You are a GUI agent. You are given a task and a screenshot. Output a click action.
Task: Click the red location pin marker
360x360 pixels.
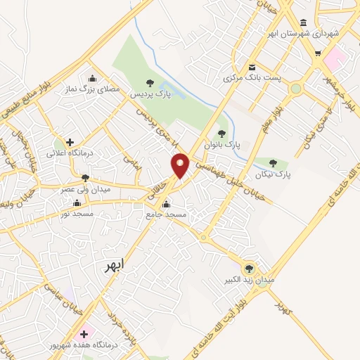pyautogui.click(x=181, y=164)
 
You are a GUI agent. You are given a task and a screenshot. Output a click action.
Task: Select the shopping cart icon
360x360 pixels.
pyautogui.click(x=318, y=53)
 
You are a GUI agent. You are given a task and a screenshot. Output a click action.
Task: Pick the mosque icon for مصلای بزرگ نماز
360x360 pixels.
pyautogui.click(x=92, y=79)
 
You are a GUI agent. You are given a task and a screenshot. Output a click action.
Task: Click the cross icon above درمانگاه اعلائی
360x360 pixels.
pyautogui.click(x=70, y=142)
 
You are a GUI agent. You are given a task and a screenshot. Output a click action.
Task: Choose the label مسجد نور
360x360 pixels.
pyautogui.click(x=76, y=212)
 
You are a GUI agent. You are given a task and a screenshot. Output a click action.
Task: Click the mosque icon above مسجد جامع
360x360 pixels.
pyautogui.click(x=166, y=205)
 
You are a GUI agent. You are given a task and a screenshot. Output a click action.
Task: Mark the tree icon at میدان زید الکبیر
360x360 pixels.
pyautogui.click(x=248, y=268)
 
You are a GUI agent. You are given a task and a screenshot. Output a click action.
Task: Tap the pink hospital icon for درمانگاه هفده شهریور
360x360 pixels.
pyautogui.click(x=85, y=334)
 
